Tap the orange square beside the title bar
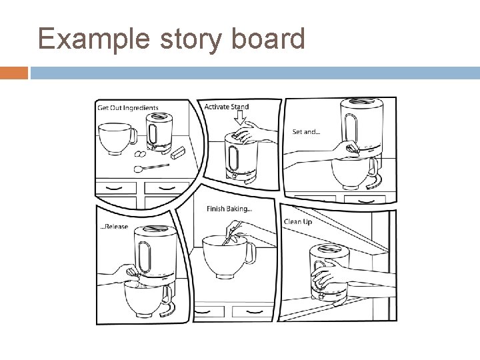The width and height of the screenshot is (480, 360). pos(14,72)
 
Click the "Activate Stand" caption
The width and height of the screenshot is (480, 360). pos(227,107)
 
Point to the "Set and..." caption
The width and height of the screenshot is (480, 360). pos(306,132)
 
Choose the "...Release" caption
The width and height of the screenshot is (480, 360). pos(113,227)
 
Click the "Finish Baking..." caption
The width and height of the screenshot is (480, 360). pos(229,209)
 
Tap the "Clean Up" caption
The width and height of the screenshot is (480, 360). pos(298,221)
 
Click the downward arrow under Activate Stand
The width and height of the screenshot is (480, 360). pos(241,118)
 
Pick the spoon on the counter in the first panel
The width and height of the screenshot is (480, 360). pos(151,167)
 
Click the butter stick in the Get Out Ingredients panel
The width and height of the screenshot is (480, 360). pos(177,154)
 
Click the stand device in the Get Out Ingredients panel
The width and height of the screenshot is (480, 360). pos(155,130)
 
